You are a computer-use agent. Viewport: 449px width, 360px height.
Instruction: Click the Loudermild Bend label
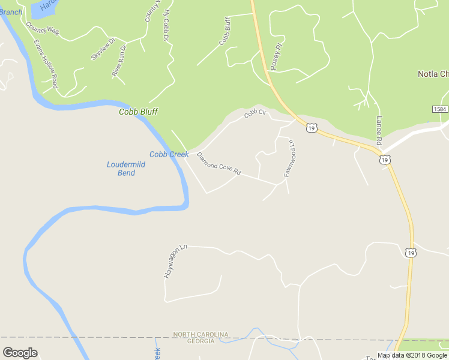coord(121,169)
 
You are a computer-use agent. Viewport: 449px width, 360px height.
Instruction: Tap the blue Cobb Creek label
coord(169,154)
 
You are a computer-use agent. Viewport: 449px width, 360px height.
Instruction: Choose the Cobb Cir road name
coord(255,113)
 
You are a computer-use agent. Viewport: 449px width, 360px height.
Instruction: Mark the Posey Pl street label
coord(276,56)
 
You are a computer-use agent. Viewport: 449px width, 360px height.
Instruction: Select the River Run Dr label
coord(119,60)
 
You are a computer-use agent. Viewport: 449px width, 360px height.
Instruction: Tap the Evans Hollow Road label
coord(46,64)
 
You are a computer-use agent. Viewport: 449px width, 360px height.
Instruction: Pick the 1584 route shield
coord(439,109)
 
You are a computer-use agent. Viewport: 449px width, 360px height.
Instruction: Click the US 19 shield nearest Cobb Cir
coord(311,128)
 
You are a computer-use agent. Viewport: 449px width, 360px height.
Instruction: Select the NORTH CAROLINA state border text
coord(200,334)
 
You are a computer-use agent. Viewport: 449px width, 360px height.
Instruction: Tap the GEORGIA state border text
coord(200,341)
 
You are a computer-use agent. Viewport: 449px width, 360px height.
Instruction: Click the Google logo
coord(20,353)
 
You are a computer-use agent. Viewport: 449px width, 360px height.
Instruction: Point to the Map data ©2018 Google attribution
coord(412,355)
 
